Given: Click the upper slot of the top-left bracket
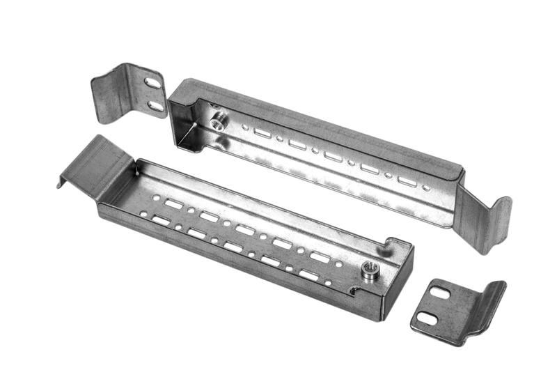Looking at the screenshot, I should point(152,83).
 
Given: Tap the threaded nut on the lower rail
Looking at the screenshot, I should point(370,268).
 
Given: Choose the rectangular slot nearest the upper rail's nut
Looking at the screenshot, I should point(262,132).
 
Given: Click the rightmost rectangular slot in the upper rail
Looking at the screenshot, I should point(407,181).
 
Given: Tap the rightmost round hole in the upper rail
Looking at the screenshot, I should point(425,187).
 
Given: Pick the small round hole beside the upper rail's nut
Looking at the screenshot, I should point(244,127).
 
